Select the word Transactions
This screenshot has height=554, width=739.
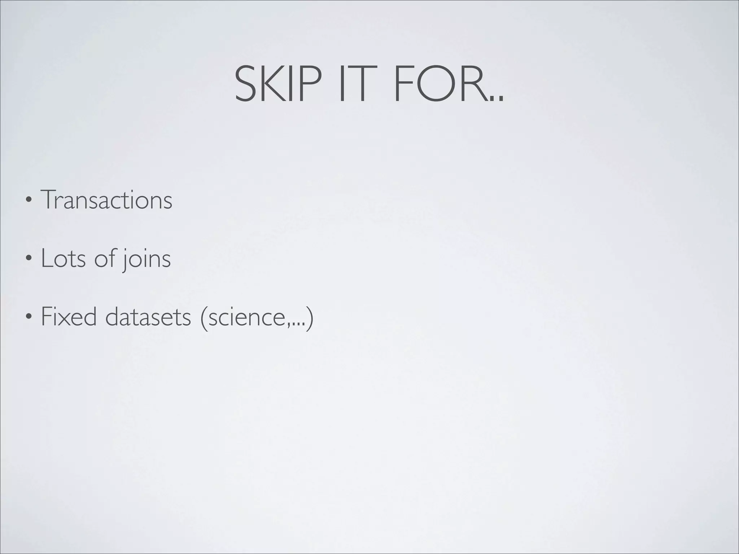pyautogui.click(x=106, y=200)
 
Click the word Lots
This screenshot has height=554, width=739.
pyautogui.click(x=63, y=258)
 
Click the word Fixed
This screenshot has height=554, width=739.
pyautogui.click(x=69, y=316)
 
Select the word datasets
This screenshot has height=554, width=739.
pyautogui.click(x=148, y=317)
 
